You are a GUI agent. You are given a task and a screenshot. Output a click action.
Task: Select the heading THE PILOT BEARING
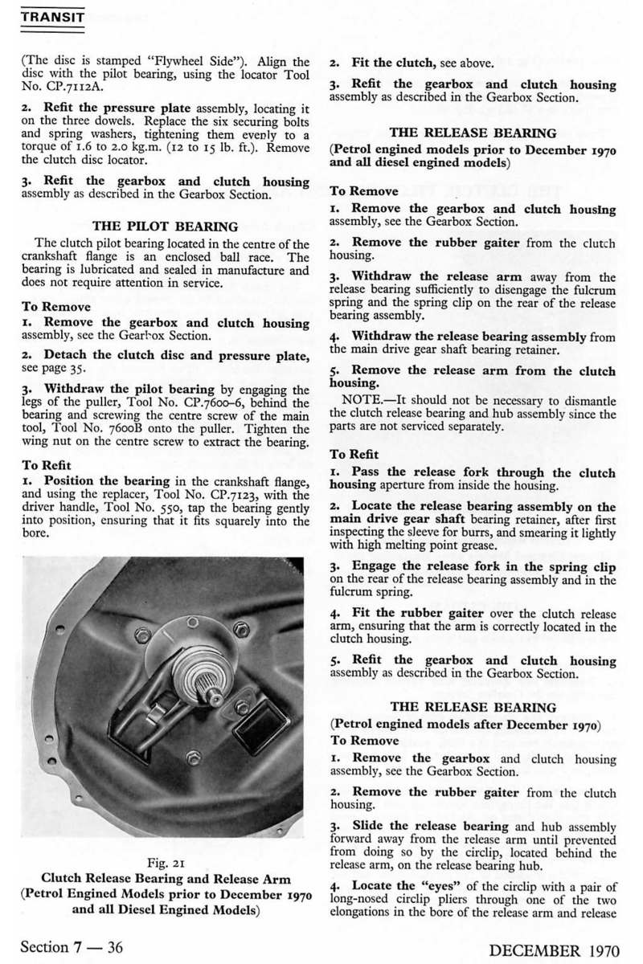(x=166, y=227)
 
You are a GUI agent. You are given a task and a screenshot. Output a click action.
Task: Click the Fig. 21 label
(x=166, y=863)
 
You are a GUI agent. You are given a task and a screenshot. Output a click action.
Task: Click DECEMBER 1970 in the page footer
(x=555, y=951)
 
